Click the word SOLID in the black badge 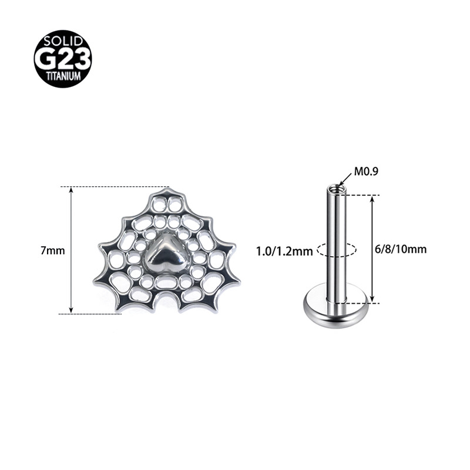pos(63,41)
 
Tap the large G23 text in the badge pos(63,58)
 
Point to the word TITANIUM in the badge pos(63,76)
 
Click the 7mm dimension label pos(53,250)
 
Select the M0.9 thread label pos(366,172)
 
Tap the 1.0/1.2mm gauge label pos(284,251)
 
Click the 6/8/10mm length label pos(401,249)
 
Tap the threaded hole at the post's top pos(336,189)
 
